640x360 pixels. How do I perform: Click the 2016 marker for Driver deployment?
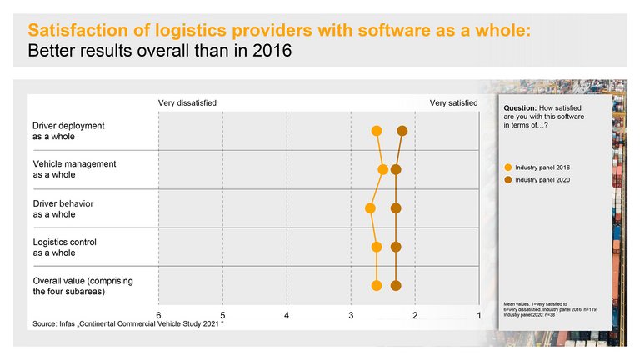click(x=377, y=131)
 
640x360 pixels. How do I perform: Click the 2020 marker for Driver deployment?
click(x=402, y=131)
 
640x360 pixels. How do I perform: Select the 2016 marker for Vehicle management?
click(x=383, y=169)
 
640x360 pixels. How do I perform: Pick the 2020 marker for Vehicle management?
click(x=397, y=169)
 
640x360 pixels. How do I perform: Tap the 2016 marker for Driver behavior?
click(x=370, y=208)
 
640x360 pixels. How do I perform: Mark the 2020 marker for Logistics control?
click(x=397, y=247)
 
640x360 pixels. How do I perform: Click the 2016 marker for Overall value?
click(x=377, y=286)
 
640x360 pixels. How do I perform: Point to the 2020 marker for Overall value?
click(x=397, y=286)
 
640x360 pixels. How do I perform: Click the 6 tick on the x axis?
click(x=159, y=314)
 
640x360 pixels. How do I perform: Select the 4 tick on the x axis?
click(x=287, y=314)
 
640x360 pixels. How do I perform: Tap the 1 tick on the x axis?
click(x=478, y=314)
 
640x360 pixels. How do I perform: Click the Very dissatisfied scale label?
click(x=187, y=102)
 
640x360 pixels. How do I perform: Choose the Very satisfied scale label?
click(x=453, y=102)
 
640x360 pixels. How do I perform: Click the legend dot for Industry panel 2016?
click(x=508, y=167)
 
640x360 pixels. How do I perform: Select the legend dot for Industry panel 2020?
click(x=508, y=180)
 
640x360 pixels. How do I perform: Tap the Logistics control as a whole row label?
click(x=65, y=247)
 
